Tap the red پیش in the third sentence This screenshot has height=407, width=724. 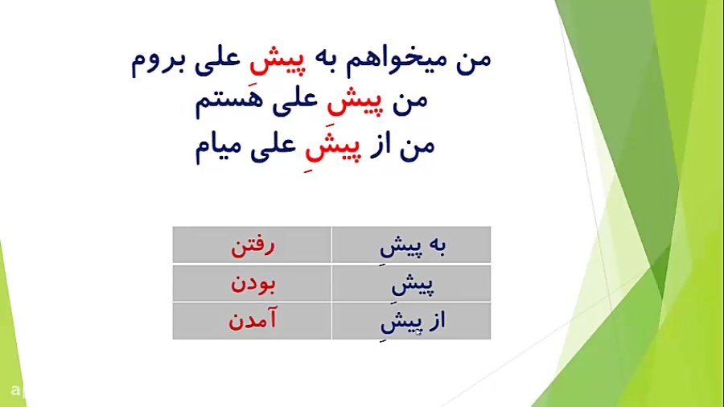click(331, 146)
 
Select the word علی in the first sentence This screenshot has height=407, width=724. click(217, 61)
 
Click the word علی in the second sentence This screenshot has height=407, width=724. click(295, 102)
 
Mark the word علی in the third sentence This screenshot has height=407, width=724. click(273, 146)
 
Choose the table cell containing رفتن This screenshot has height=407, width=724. click(252, 245)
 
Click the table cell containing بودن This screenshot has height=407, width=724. click(252, 283)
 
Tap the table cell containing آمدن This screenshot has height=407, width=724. click(252, 321)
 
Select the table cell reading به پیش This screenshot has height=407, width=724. click(411, 245)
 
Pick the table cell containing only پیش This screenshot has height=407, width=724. click(411, 283)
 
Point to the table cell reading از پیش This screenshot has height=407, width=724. click(411, 321)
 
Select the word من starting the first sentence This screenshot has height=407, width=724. click(474, 60)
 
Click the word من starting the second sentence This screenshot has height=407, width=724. click(410, 101)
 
